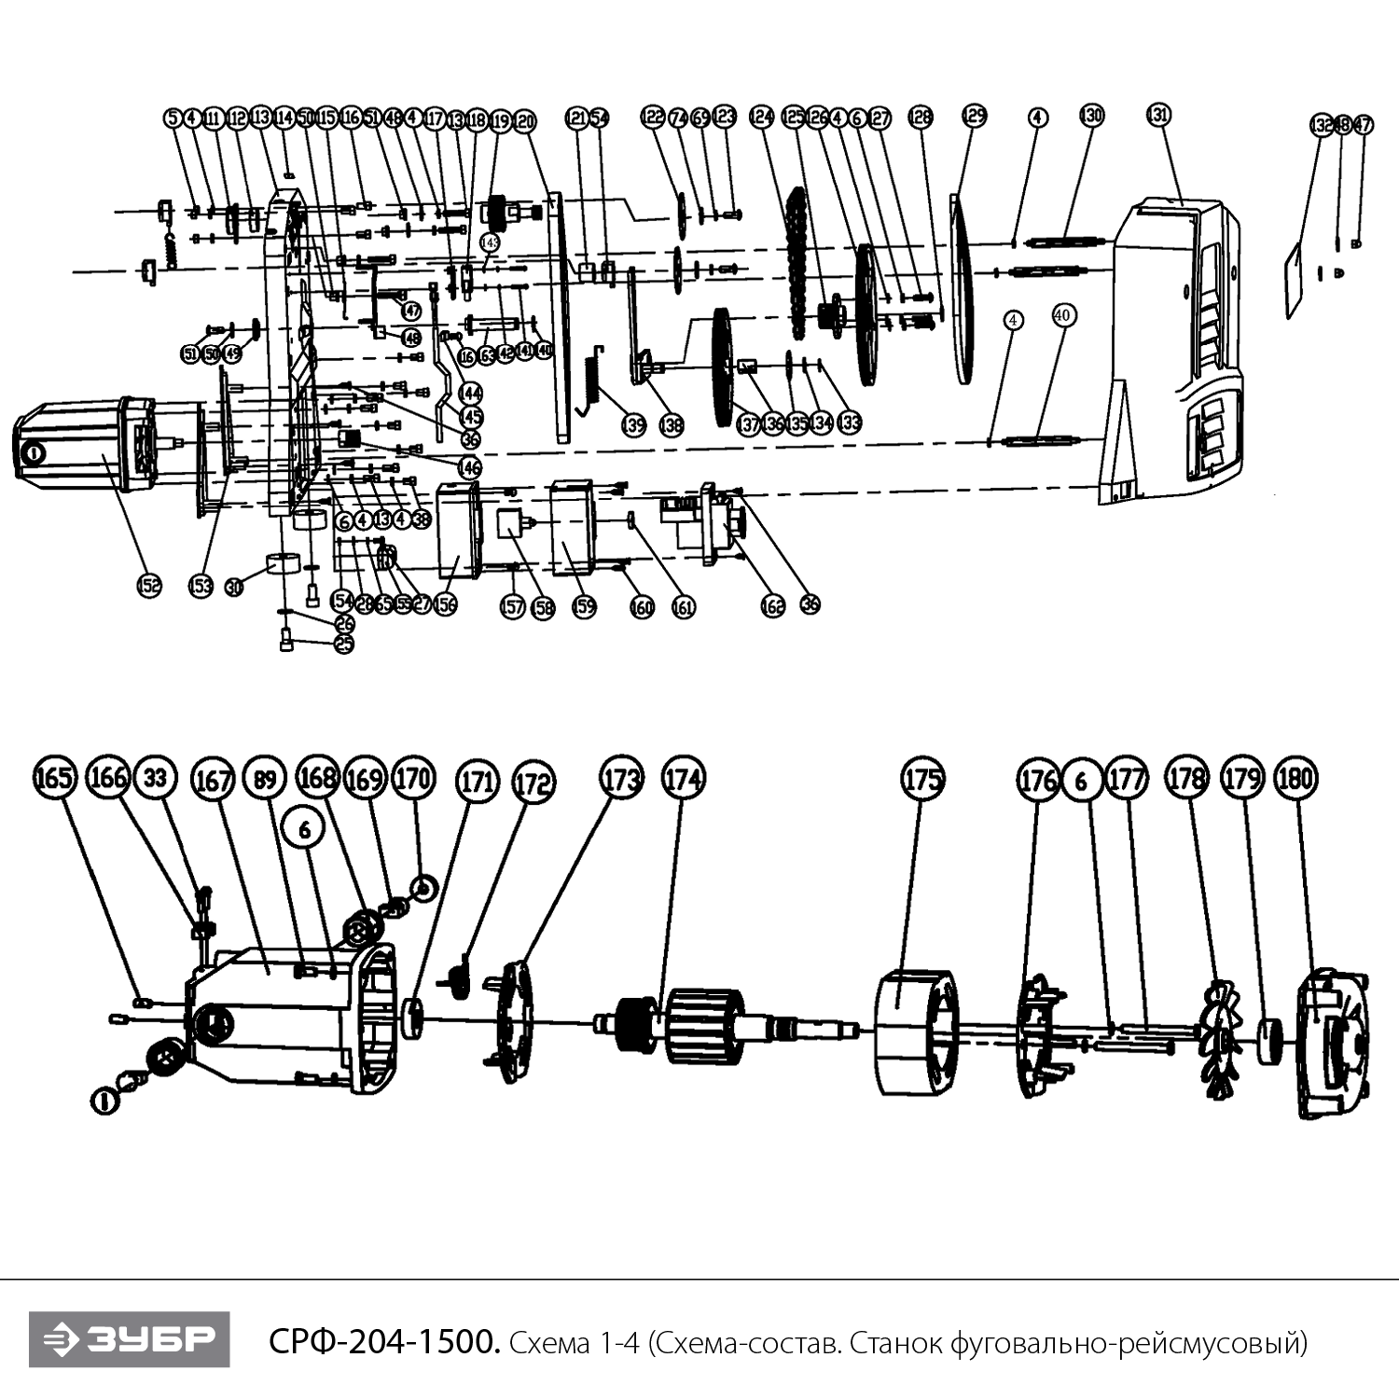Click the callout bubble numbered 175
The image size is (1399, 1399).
(922, 779)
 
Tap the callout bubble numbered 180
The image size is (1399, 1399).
(1295, 779)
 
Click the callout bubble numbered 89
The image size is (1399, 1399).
(266, 778)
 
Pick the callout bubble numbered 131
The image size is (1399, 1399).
(1158, 115)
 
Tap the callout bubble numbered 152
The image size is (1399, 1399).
(149, 585)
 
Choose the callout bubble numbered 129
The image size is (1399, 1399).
(974, 116)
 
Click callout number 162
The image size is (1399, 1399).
(773, 607)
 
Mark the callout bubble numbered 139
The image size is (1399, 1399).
(633, 425)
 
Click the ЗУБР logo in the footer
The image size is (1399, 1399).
(129, 1340)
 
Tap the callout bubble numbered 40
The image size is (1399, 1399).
(1062, 316)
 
